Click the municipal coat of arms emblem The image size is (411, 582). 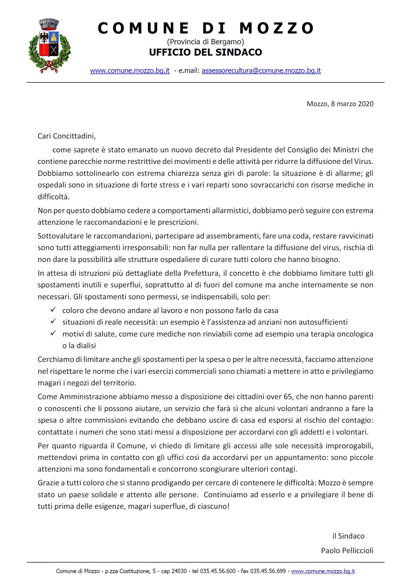pos(49,46)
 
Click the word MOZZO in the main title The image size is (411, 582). pos(277,28)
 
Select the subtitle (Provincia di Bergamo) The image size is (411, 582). pos(205,42)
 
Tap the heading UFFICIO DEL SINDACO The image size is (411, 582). pos(205,52)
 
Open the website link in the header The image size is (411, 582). pos(130,71)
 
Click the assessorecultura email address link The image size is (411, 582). pos(261,71)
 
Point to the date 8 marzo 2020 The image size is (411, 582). pos(352,104)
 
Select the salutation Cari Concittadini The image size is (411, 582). pos(67,136)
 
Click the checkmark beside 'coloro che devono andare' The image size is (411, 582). pos(53,310)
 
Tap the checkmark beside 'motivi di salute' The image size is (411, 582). pos(53,333)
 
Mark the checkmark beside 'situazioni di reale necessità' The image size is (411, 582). pos(53,321)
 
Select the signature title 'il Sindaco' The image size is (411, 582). pos(348,536)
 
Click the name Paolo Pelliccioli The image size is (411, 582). pos(347,550)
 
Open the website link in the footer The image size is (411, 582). pos(323,571)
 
